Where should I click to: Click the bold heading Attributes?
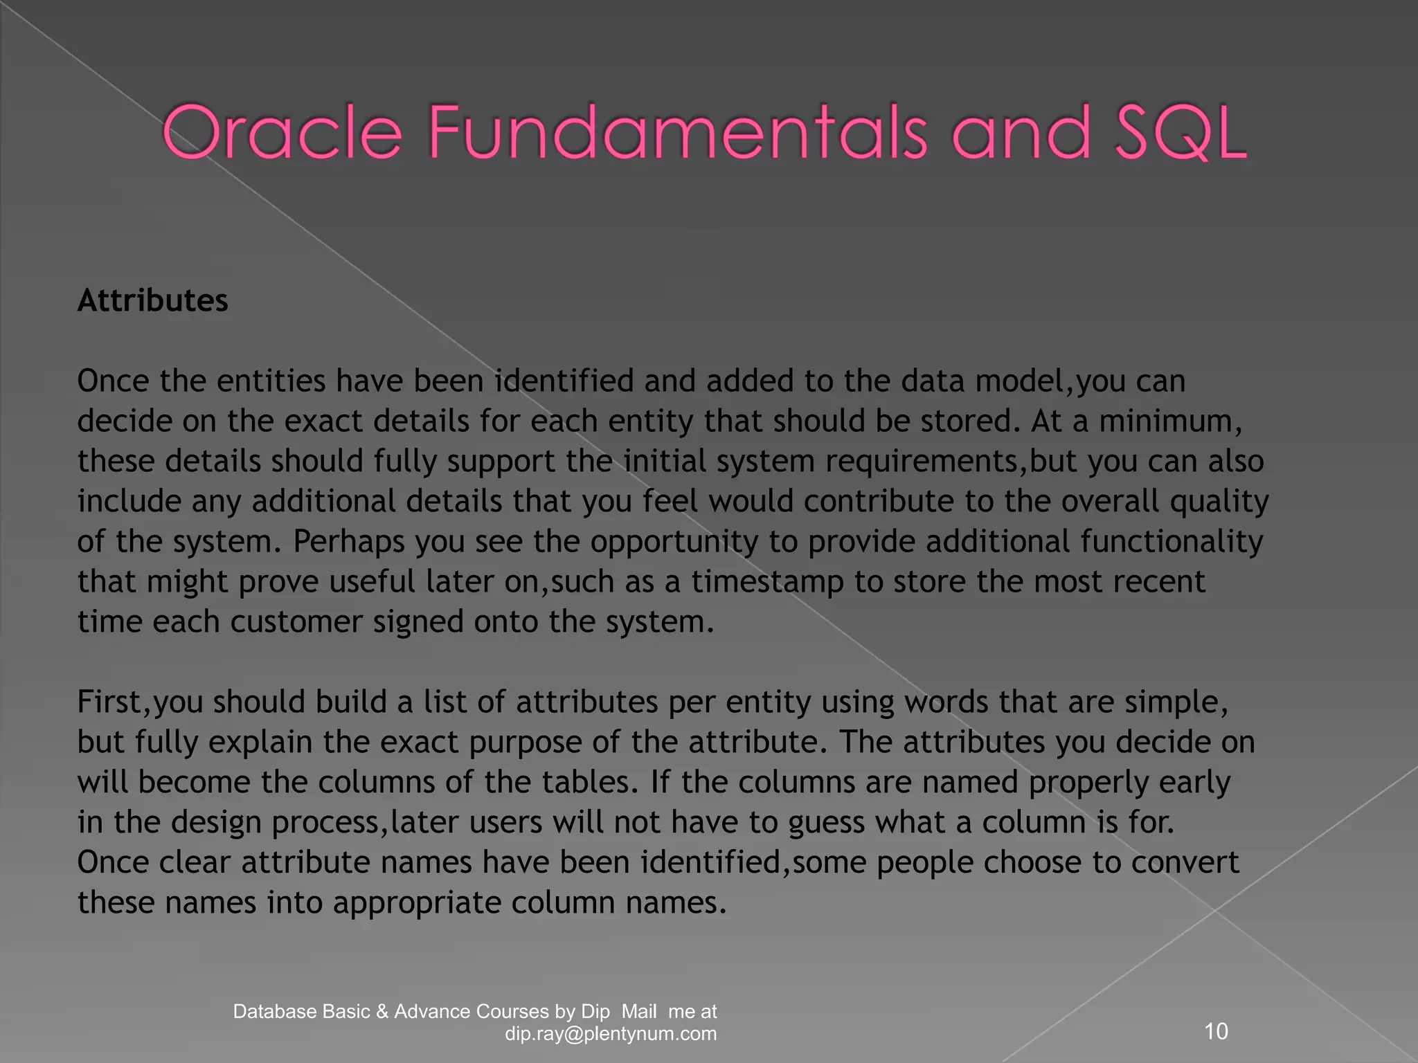click(x=152, y=301)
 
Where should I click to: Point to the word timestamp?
click(x=767, y=582)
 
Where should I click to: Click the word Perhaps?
click(x=348, y=542)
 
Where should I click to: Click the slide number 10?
click(x=1216, y=1032)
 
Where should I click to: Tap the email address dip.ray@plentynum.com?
click(x=611, y=1034)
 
